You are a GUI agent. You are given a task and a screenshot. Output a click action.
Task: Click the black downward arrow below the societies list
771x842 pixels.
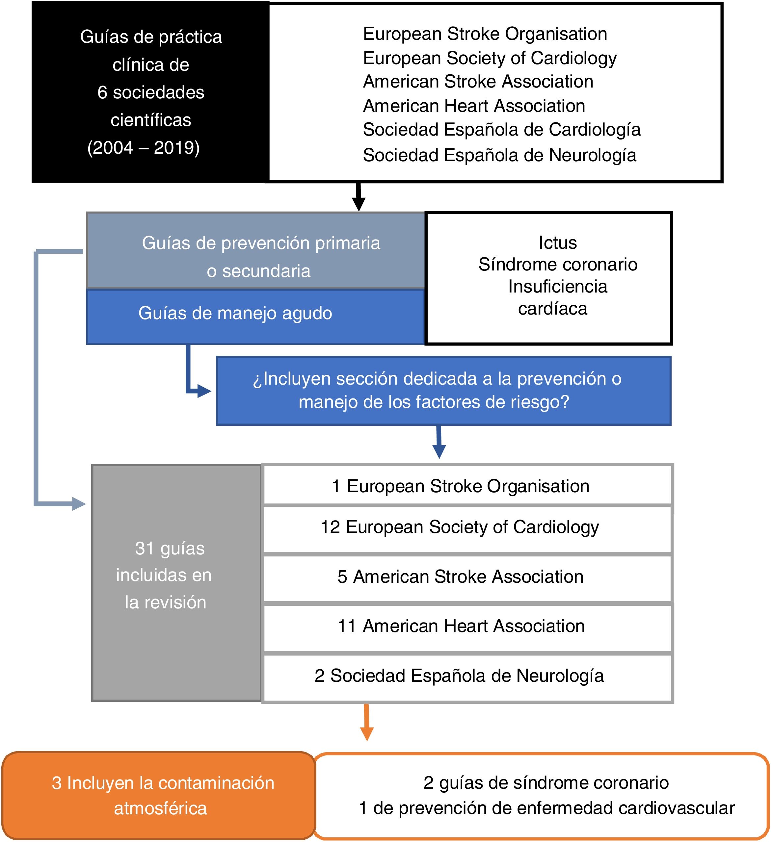coord(359,197)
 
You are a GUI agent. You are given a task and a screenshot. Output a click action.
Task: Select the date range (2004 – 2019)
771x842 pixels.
coord(143,147)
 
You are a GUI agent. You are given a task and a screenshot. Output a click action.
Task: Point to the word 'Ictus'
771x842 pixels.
coord(557,242)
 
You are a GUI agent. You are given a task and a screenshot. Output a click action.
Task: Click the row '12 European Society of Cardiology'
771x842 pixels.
coord(460,527)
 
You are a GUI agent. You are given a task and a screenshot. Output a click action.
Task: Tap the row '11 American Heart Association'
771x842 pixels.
coord(461,626)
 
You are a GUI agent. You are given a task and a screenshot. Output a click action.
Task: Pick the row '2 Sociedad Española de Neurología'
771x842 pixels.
coord(459,676)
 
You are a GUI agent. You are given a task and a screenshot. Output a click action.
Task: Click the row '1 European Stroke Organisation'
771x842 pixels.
coord(460,487)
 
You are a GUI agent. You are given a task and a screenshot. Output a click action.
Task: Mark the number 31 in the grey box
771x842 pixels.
coord(145,549)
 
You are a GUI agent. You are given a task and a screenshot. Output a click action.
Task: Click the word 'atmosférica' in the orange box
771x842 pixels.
coord(160,808)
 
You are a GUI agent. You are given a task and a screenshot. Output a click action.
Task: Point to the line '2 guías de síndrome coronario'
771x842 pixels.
coord(546,783)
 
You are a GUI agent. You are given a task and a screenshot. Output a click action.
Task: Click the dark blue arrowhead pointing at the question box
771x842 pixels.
coord(203,391)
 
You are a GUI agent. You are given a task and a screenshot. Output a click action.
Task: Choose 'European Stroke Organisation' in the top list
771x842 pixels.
coord(485,34)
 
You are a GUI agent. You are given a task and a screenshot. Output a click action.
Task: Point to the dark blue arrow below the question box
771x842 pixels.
coord(439,443)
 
